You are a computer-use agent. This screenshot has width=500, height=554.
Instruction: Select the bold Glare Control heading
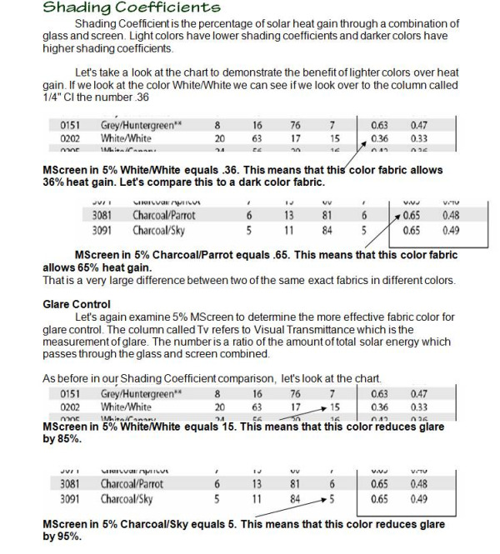click(x=76, y=304)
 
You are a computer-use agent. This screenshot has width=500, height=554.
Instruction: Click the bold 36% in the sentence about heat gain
click(x=54, y=181)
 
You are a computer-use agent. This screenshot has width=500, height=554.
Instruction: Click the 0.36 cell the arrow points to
click(x=379, y=139)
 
